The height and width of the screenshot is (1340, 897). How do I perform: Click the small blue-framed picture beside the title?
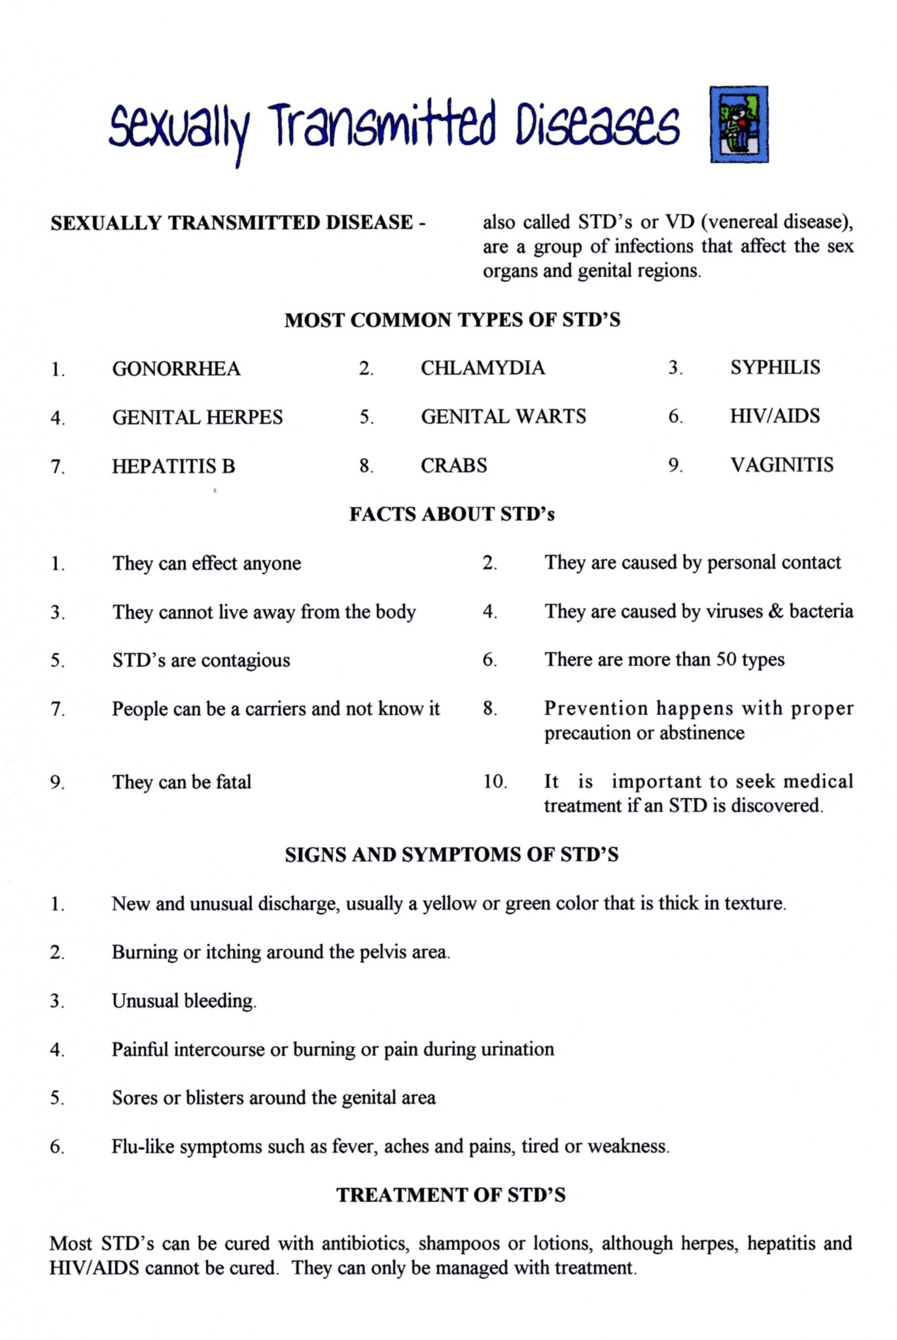(739, 124)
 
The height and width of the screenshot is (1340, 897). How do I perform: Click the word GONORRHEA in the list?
(176, 369)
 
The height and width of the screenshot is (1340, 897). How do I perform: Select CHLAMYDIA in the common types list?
(482, 368)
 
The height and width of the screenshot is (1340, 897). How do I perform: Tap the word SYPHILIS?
(775, 367)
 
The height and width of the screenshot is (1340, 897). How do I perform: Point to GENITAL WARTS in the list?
(503, 417)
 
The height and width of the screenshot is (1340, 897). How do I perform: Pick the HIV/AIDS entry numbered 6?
(775, 416)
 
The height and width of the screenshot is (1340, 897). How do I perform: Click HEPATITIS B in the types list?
(173, 467)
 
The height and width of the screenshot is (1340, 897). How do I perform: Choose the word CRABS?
(453, 466)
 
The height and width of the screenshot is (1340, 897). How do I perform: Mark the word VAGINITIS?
(782, 465)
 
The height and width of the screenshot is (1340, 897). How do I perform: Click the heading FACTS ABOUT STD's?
(451, 514)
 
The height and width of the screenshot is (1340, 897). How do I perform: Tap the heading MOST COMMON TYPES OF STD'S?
(452, 320)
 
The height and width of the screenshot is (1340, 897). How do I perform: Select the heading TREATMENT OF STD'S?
(451, 1195)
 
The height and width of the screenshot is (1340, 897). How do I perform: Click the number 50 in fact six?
(726, 659)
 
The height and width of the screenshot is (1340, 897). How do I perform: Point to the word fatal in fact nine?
(234, 782)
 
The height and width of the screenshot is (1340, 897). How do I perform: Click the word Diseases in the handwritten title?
(597, 124)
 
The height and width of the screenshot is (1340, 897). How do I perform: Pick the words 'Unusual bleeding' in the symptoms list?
(183, 1001)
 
